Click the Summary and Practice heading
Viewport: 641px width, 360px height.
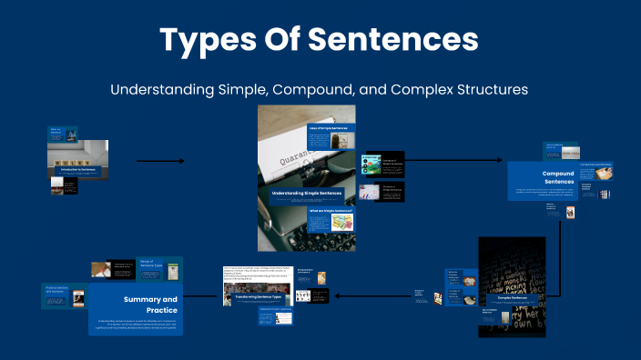click(x=150, y=304)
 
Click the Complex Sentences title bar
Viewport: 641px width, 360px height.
click(x=513, y=296)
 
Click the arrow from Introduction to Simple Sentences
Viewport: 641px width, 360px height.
click(x=159, y=161)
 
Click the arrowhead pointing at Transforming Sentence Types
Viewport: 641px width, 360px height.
click(x=337, y=295)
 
